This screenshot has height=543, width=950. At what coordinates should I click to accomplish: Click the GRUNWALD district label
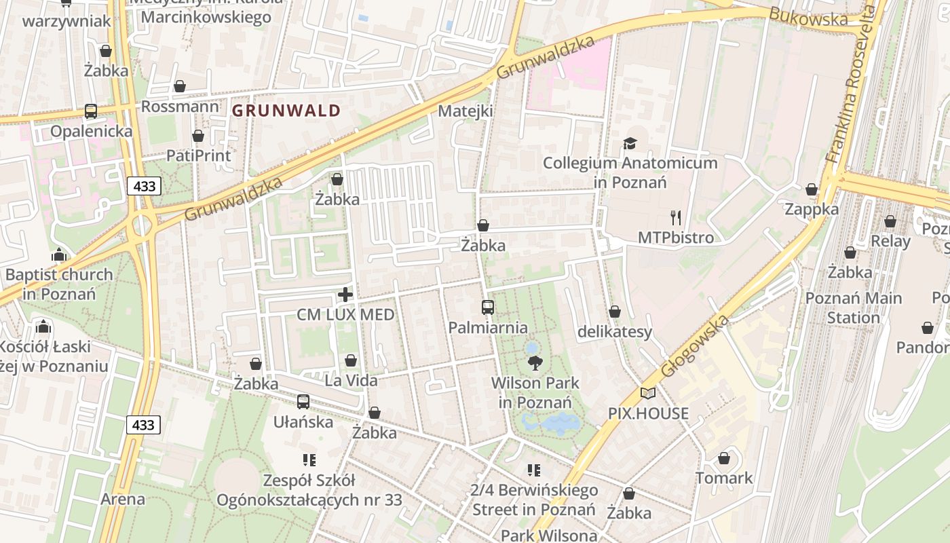[x=286, y=111]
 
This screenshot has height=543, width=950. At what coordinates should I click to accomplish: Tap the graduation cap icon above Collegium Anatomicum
[x=630, y=143]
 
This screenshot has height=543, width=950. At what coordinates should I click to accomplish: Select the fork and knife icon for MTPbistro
[x=675, y=218]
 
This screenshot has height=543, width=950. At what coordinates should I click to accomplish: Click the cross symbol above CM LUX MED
[x=345, y=295]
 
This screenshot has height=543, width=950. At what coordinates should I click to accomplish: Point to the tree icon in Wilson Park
[x=535, y=363]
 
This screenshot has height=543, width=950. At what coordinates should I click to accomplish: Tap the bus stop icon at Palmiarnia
[x=487, y=307]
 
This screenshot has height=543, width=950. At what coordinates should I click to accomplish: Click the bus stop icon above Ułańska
[x=303, y=402]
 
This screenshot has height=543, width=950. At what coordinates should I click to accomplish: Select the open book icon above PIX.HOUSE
[x=648, y=393]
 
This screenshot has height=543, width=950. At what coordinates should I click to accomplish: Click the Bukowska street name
[x=808, y=17]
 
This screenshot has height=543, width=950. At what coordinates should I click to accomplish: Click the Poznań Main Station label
[x=853, y=307]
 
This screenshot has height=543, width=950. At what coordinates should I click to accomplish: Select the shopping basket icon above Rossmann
[x=180, y=86]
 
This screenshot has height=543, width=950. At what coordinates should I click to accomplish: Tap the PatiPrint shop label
[x=198, y=155]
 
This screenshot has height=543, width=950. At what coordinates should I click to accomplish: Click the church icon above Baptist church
[x=59, y=256]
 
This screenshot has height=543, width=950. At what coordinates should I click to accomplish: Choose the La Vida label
[x=351, y=381]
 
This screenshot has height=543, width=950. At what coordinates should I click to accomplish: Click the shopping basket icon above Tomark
[x=724, y=458]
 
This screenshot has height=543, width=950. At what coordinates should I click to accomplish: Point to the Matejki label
[x=465, y=111]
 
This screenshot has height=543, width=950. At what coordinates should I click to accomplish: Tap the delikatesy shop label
[x=614, y=332]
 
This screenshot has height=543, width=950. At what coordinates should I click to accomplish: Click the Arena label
[x=123, y=500]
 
